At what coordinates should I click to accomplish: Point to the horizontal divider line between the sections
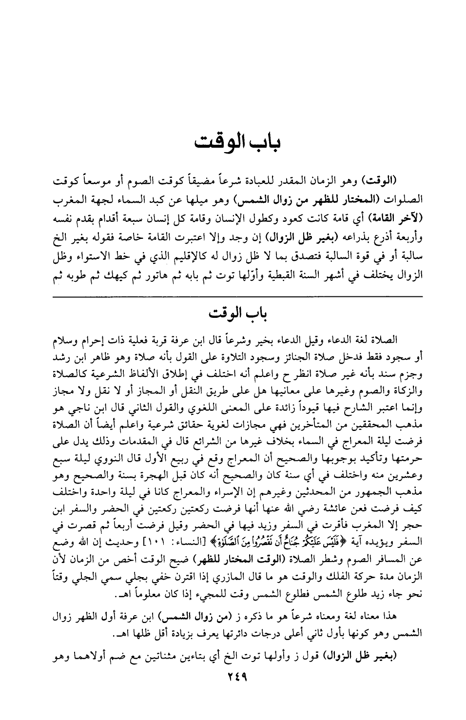[x=237, y=296]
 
